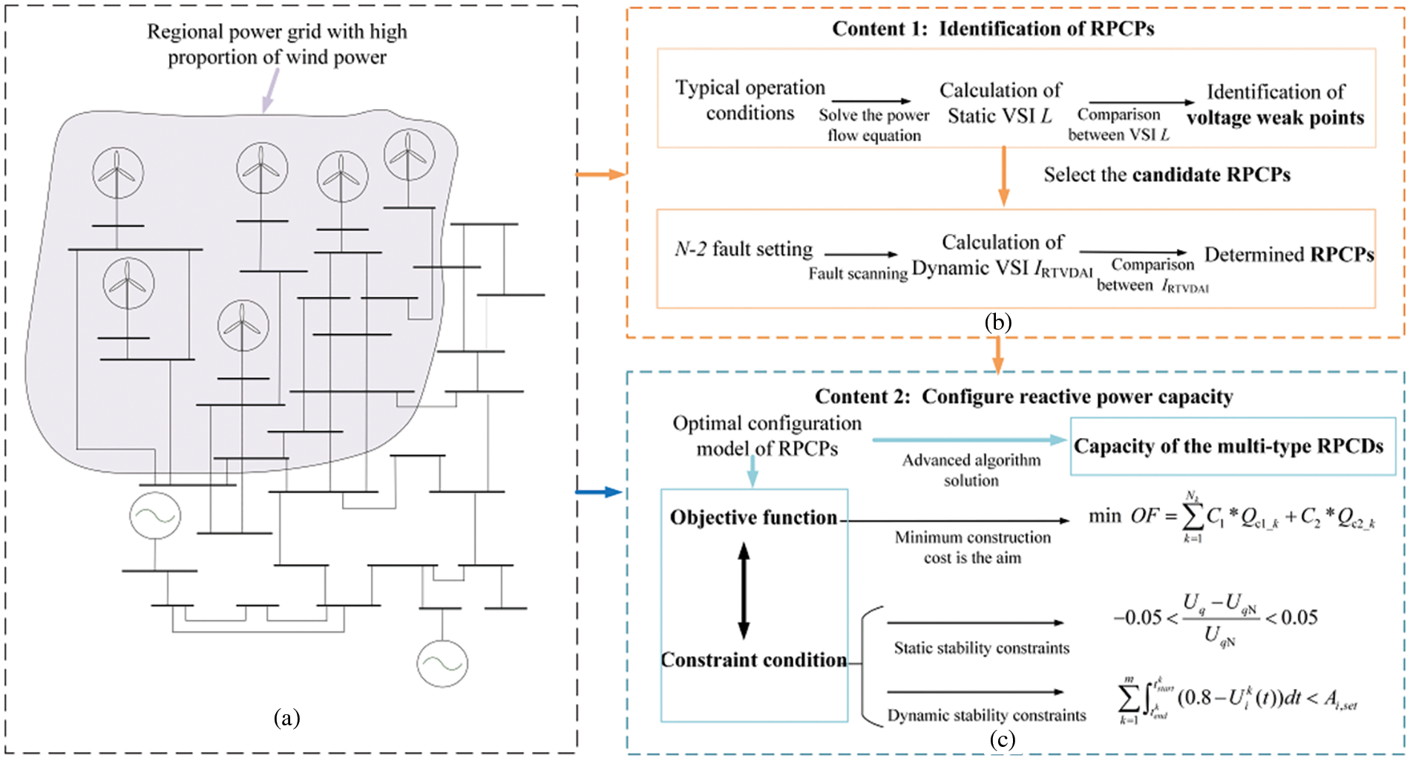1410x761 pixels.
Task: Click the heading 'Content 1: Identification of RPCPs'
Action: point(993,28)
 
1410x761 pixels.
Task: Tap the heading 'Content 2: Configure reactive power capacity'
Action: point(1024,396)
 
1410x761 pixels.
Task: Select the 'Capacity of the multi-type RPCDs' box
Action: point(1233,446)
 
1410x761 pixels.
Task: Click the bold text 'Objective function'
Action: point(753,517)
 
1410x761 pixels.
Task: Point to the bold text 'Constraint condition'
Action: point(754,660)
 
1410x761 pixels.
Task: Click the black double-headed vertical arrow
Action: point(744,590)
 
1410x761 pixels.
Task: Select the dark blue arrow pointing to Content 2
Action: point(599,491)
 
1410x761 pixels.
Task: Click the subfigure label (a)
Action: point(287,718)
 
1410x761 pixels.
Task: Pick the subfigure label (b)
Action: point(998,322)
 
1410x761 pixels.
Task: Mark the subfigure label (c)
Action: point(1002,739)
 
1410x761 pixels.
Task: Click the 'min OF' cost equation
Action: point(1232,517)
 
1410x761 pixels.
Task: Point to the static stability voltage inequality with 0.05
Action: point(1216,618)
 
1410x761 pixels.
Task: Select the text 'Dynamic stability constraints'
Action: point(987,715)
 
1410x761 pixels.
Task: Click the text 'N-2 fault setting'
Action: point(744,249)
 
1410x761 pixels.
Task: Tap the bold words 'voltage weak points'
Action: point(1275,117)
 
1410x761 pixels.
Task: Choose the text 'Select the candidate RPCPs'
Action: point(1167,174)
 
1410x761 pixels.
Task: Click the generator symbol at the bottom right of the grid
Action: point(442,663)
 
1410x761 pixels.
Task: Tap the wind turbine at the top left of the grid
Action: point(118,173)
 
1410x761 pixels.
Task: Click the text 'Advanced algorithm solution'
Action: point(971,470)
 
